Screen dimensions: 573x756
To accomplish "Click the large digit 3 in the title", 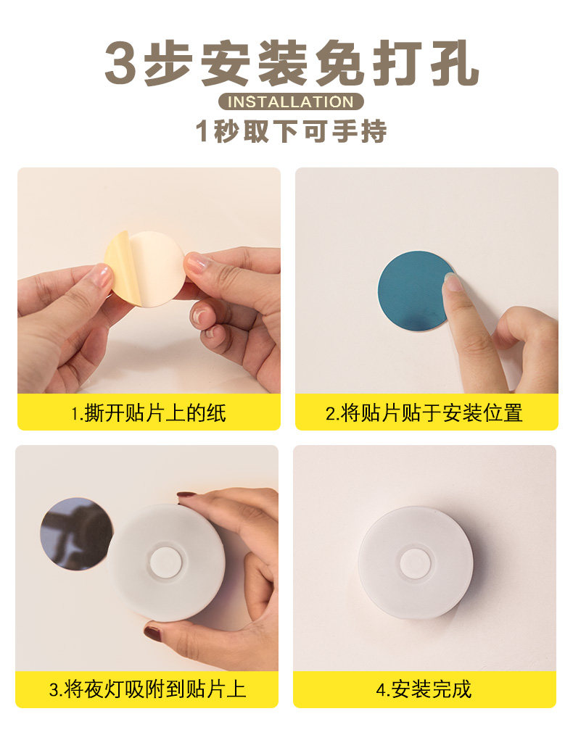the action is tap(120, 63).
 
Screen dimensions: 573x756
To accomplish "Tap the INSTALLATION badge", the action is tap(290, 101).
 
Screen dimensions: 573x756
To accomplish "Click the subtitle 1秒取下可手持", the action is tap(291, 130).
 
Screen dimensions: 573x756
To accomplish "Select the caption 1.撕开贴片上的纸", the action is tap(149, 413).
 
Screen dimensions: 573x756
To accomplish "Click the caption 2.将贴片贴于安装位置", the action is tap(424, 413).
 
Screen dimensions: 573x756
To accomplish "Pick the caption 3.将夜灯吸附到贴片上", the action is tap(147, 689).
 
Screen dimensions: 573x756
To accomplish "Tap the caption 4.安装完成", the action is tap(424, 689).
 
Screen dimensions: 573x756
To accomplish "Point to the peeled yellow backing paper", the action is tap(122, 267).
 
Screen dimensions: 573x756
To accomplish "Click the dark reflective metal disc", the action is tap(76, 533).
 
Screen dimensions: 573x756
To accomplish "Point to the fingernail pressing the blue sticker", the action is tap(452, 281).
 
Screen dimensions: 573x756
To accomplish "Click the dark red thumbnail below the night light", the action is tap(152, 632).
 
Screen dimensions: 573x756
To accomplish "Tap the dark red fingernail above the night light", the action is tap(186, 494).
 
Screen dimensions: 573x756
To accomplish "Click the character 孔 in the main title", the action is tap(455, 63).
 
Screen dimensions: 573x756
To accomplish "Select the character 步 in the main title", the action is tap(168, 63).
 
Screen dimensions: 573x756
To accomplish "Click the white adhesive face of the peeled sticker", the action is tap(157, 268).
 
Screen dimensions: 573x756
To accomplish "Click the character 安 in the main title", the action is tap(225, 63).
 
